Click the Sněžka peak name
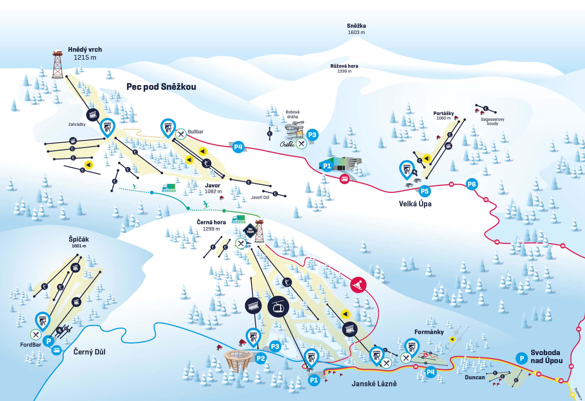tap(356, 26)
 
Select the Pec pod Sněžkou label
tap(161, 87)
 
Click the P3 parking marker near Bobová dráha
tap(312, 135)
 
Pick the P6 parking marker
tap(472, 184)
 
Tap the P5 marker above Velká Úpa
tap(425, 191)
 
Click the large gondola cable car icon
tap(278, 306)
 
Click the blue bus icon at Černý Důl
tap(57, 350)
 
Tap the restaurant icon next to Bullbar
tap(181, 134)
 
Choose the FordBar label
tap(31, 345)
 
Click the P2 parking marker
tap(261, 358)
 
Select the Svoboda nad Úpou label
tap(546, 357)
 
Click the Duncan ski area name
tap(475, 377)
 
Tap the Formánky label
tap(429, 332)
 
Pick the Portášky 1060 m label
tap(443, 116)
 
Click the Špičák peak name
tap(79, 239)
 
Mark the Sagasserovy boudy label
tap(492, 121)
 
